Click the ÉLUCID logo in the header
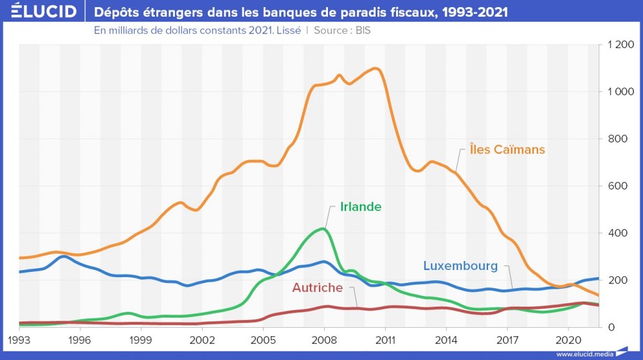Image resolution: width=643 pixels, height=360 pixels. coord(40,12)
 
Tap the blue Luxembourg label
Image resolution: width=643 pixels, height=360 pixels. coord(460,265)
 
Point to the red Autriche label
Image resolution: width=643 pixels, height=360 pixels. coord(321,287)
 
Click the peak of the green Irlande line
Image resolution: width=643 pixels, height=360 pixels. coord(323,229)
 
